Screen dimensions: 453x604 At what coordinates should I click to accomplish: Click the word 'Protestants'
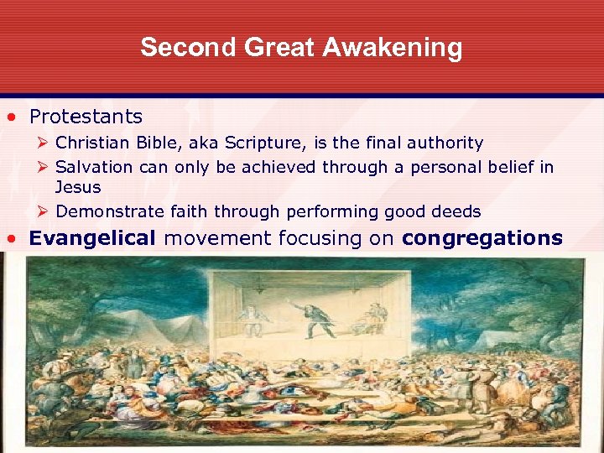point(86,117)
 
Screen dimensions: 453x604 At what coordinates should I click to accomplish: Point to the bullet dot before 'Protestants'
point(13,117)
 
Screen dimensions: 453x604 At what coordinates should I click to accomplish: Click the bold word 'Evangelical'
point(92,238)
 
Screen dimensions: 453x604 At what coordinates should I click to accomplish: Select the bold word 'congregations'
point(482,238)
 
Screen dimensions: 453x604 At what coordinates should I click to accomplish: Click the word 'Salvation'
point(94,167)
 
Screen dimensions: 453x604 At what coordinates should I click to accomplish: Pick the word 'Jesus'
point(77,187)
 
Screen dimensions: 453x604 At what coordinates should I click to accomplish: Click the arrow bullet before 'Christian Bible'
point(43,143)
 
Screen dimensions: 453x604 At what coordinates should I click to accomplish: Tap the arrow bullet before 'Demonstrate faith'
point(43,211)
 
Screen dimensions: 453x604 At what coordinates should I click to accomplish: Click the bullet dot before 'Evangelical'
point(13,239)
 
